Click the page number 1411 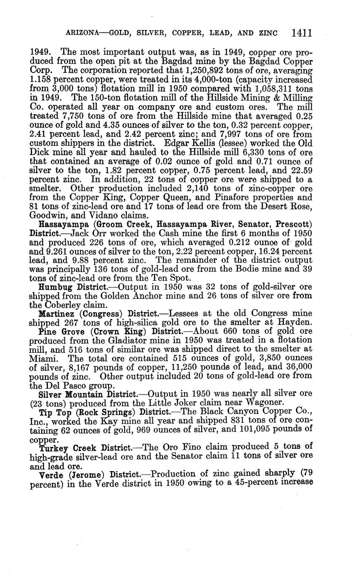tap(301, 33)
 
